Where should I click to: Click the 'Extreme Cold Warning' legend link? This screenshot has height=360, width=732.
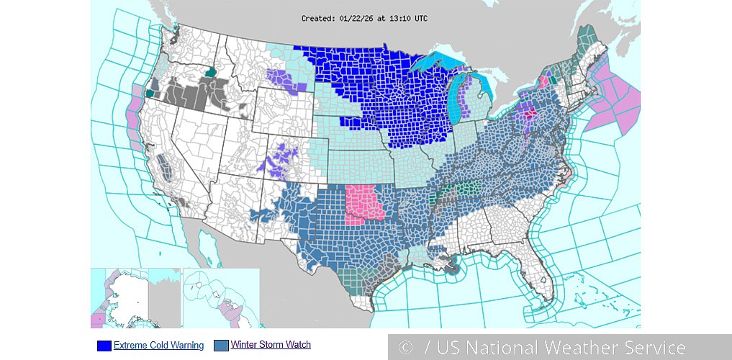pyautogui.click(x=158, y=346)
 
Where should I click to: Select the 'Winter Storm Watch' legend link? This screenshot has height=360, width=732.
pyautogui.click(x=271, y=345)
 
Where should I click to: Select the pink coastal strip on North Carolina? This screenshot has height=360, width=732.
pyautogui.click(x=566, y=174)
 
